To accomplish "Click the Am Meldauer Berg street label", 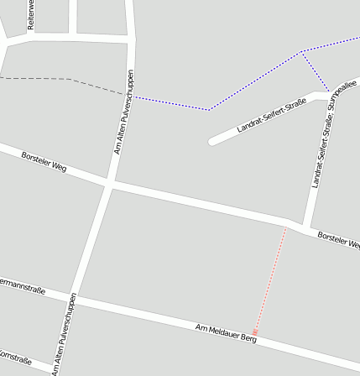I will click(x=225, y=332).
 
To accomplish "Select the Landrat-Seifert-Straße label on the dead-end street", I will click(x=270, y=115).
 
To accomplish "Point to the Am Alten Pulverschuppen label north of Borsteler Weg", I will click(x=123, y=112).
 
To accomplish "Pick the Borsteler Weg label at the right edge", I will click(x=339, y=241).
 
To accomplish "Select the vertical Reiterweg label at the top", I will click(x=32, y=15).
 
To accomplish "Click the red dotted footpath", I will click(x=270, y=281).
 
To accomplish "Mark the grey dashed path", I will click(x=50, y=79).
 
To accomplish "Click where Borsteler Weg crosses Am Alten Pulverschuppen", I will click(x=109, y=182).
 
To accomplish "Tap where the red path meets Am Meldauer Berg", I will click(x=255, y=335).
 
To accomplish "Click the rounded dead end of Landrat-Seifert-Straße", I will click(x=213, y=140).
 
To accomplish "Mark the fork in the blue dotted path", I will click(x=302, y=53).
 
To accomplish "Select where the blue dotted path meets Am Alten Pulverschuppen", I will click(x=132, y=96).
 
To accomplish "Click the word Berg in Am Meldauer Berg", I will click(x=248, y=338).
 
